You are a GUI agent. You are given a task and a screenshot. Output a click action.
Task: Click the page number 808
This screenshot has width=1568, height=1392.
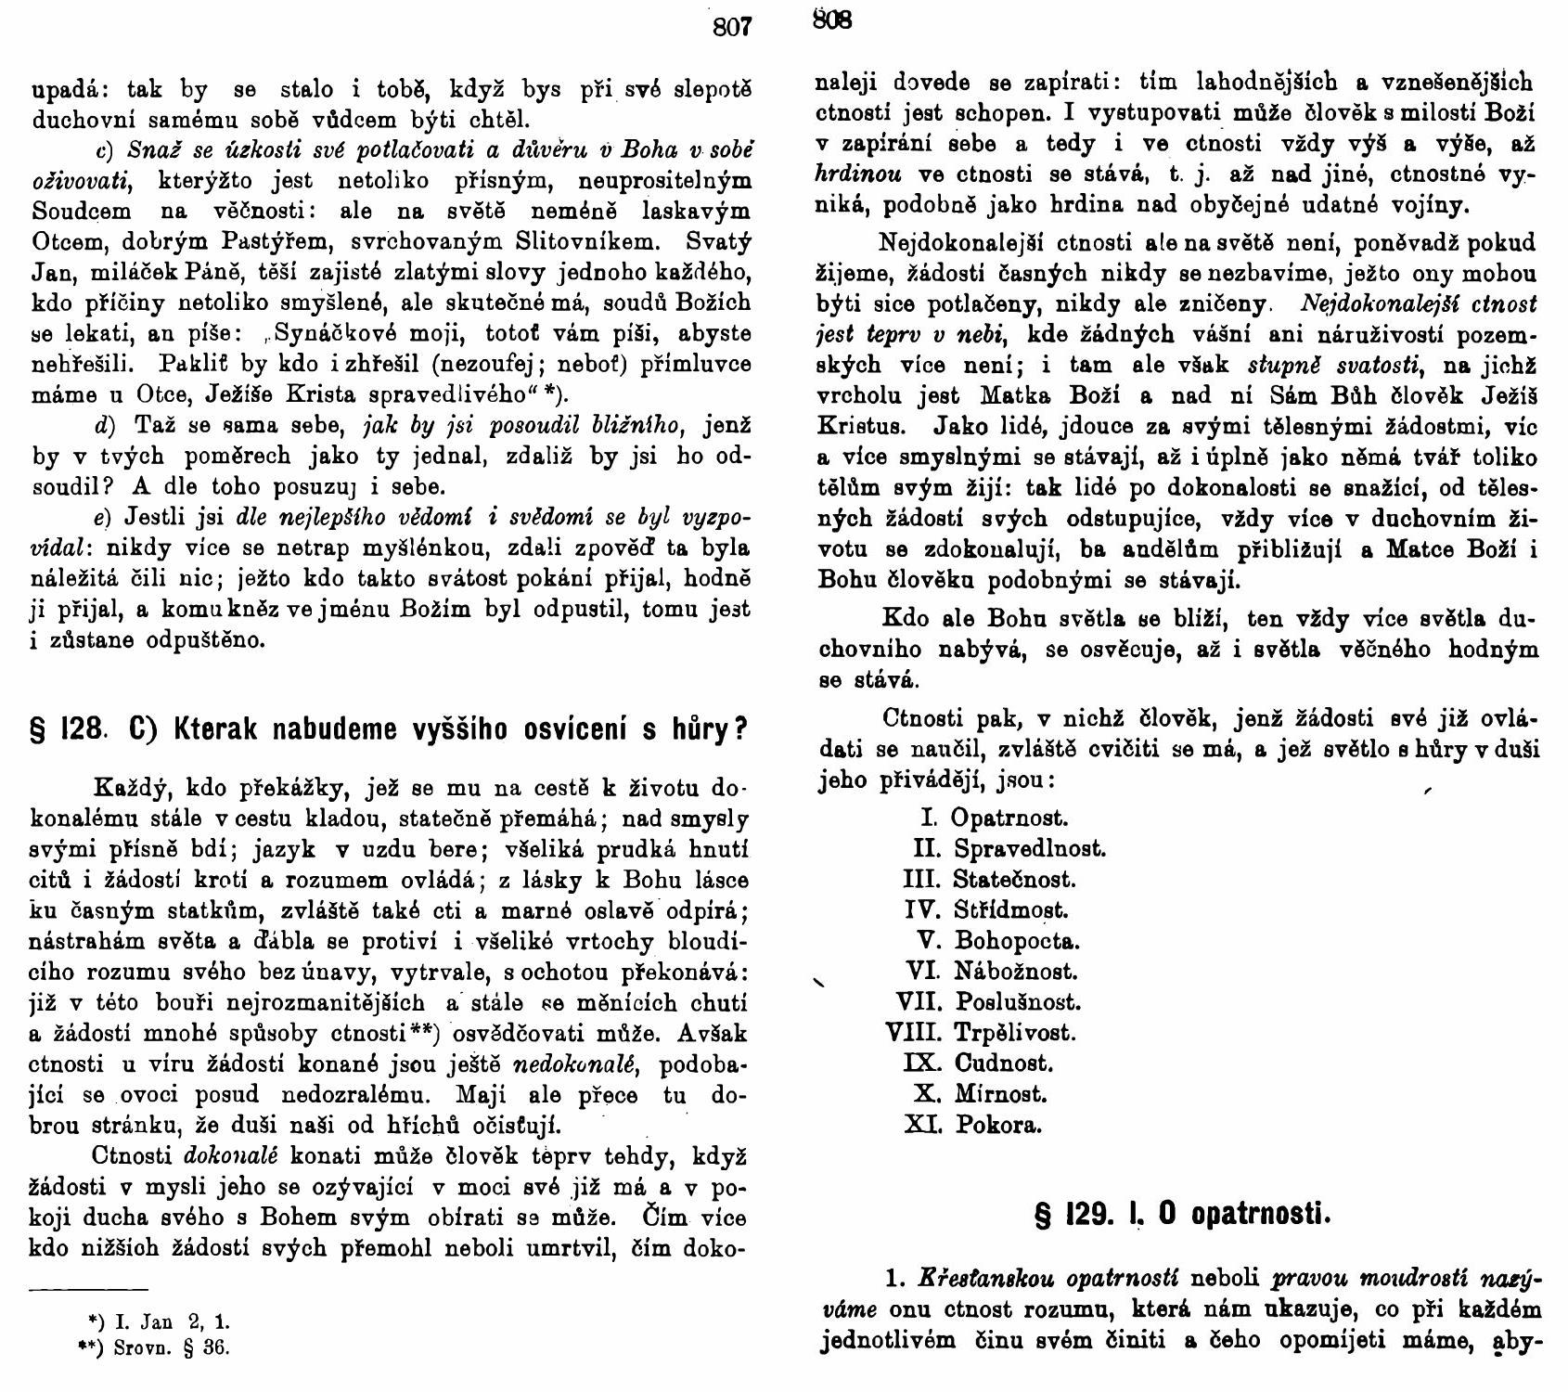click(831, 19)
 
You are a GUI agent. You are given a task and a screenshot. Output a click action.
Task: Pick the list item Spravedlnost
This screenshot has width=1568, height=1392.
click(1030, 848)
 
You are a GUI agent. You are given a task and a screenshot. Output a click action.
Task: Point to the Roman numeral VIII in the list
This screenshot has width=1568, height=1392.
click(915, 1032)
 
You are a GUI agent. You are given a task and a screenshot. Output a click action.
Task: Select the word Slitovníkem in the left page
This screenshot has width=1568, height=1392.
click(586, 241)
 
